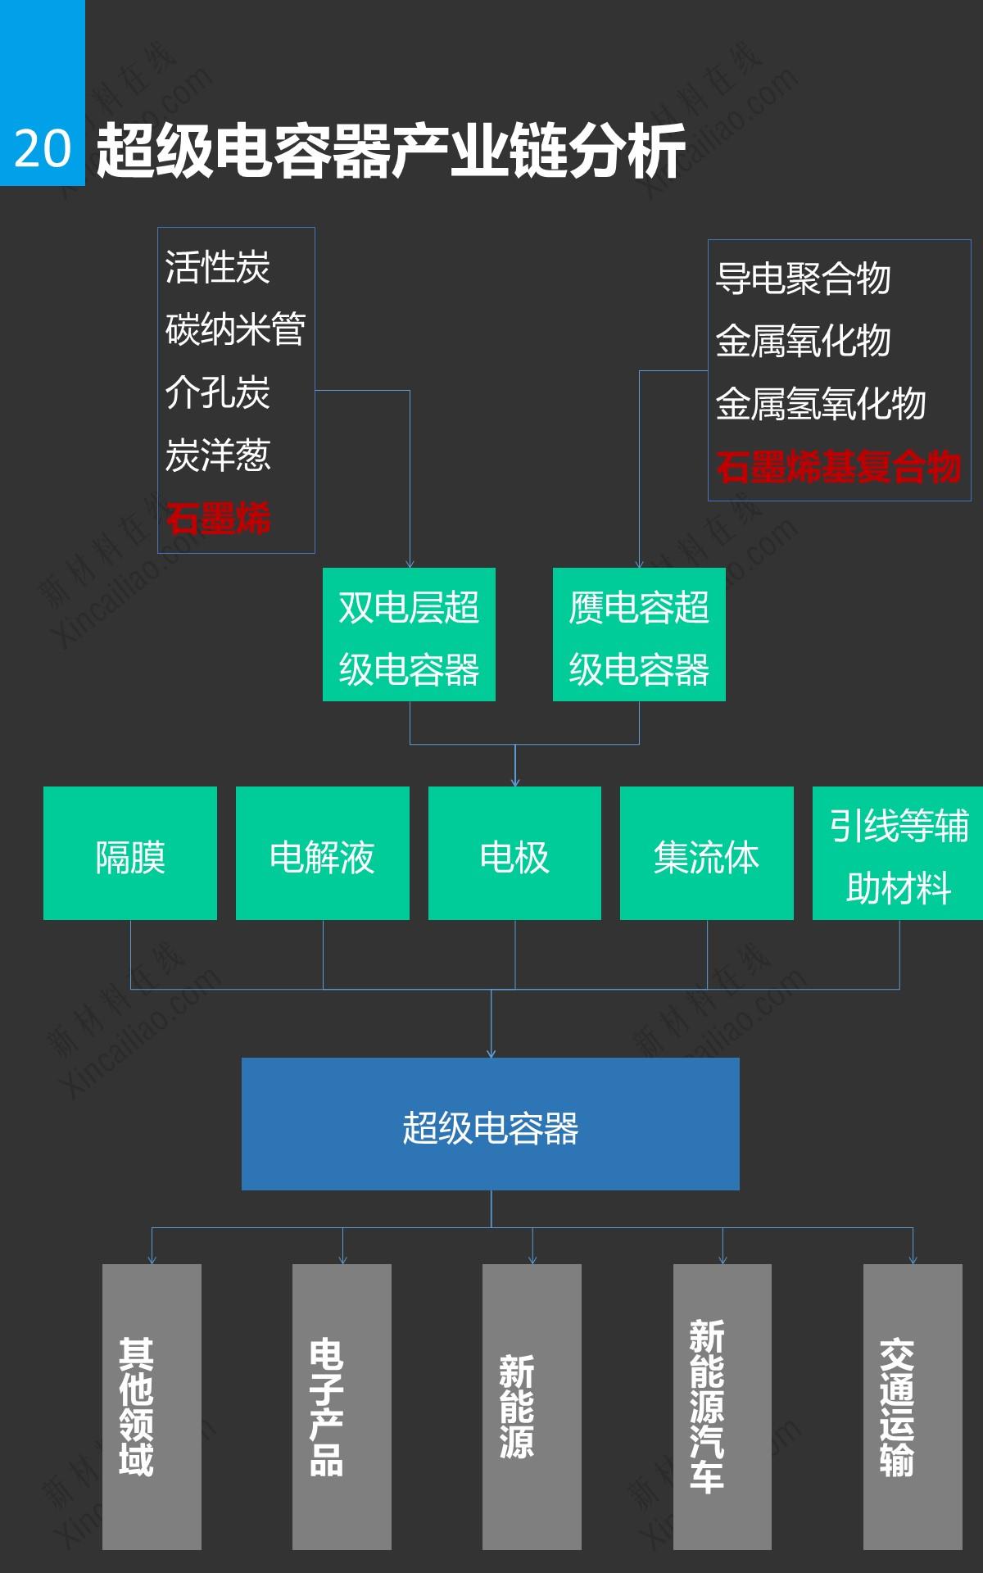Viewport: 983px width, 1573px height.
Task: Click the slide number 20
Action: [43, 149]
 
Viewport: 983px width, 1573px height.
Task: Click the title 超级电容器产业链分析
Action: [391, 151]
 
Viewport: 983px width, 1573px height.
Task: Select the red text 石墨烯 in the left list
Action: [218, 518]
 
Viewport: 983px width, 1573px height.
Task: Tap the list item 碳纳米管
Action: [235, 329]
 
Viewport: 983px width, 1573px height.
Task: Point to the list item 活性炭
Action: [218, 267]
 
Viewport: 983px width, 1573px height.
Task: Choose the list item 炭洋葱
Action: [218, 455]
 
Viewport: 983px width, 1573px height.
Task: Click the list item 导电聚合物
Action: [803, 278]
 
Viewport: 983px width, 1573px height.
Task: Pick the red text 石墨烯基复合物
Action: [838, 466]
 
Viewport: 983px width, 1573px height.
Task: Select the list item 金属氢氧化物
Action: [821, 404]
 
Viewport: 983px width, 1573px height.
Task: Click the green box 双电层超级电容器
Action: [409, 635]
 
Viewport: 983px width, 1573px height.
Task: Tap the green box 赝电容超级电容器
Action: [639, 635]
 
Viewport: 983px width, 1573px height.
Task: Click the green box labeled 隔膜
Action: [130, 854]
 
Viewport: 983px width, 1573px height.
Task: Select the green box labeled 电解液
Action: [323, 854]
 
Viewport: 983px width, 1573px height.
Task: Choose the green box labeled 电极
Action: [514, 854]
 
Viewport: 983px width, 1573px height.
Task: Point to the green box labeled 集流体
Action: [707, 854]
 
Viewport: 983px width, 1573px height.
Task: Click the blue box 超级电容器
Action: [490, 1124]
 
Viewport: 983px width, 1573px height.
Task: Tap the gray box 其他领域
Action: [152, 1407]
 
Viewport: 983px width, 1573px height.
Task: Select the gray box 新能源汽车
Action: [723, 1407]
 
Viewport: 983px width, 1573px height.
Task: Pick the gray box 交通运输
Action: [913, 1407]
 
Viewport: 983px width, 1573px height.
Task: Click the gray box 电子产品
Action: [342, 1407]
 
